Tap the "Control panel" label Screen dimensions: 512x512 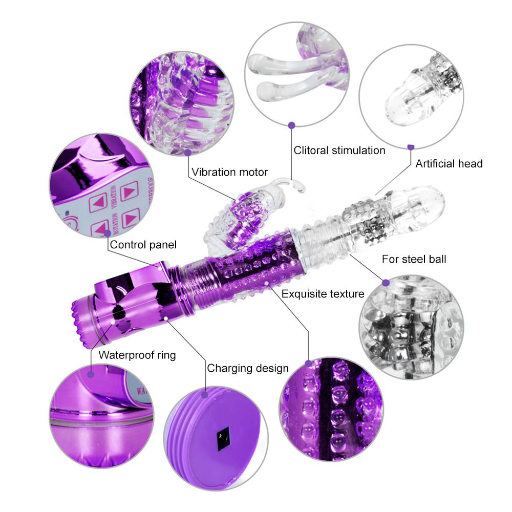click(143, 245)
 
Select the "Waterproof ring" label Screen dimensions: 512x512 click(137, 355)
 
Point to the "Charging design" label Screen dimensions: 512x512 click(248, 368)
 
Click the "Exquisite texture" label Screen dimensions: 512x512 click(323, 294)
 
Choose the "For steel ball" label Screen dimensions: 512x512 click(414, 259)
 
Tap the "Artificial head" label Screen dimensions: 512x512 click(449, 164)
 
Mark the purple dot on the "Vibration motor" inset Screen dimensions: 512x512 click(188, 152)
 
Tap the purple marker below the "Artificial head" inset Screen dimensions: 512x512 click(411, 147)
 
